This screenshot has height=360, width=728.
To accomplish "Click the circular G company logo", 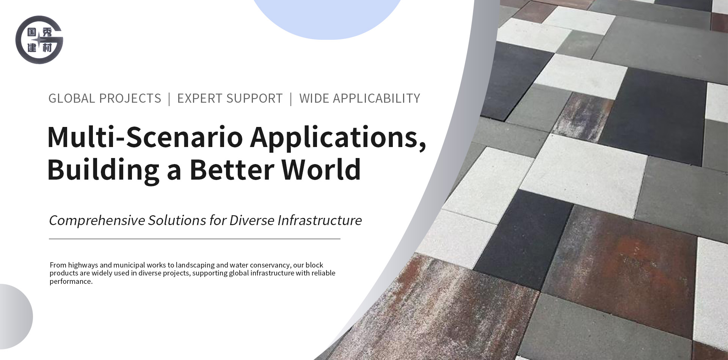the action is coord(39,40).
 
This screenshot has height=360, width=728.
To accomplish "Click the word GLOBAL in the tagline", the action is coord(72,99).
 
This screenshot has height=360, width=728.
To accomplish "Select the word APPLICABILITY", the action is coord(376,99).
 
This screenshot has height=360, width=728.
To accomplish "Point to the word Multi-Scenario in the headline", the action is coord(145,137).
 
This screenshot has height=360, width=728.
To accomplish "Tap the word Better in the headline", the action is coord(232,169).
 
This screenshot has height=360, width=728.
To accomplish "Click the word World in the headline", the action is coord(321,169).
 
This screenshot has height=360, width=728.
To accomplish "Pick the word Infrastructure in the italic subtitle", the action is coord(319,220).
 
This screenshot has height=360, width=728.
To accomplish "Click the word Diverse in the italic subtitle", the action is coord(251,220).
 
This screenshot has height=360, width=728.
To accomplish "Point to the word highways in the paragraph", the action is coord(83,265).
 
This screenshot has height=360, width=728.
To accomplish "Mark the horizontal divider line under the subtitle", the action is coord(195,239).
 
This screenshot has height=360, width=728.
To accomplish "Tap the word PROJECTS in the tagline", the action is coord(130,99).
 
